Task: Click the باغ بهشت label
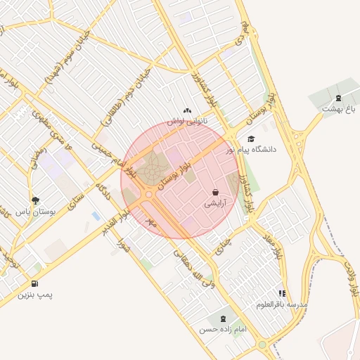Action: (340, 109)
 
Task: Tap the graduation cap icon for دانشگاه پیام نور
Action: (251, 139)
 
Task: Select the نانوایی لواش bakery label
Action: (186, 121)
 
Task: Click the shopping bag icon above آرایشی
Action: (215, 192)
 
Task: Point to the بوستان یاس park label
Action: (35, 211)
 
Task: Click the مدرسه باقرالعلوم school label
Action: (282, 304)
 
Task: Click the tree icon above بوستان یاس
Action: (35, 200)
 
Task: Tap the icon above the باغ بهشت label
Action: (340, 98)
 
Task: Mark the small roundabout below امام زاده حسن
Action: (262, 345)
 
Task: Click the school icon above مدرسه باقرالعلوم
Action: (282, 293)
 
